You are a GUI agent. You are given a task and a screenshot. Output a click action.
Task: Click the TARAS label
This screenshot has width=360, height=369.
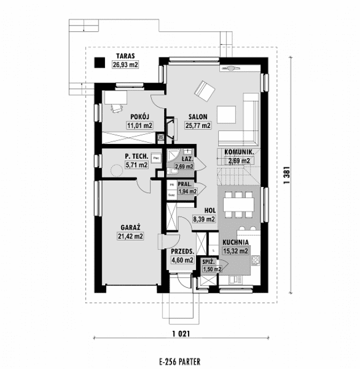[125, 56]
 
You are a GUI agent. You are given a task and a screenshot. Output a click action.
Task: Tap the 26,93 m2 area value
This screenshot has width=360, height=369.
[125, 64]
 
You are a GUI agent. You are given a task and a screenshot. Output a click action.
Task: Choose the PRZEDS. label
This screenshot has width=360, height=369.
[183, 251]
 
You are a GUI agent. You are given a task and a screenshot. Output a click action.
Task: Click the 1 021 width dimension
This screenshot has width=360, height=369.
[179, 333]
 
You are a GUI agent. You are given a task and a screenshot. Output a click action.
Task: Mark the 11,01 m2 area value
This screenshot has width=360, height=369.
[139, 126]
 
